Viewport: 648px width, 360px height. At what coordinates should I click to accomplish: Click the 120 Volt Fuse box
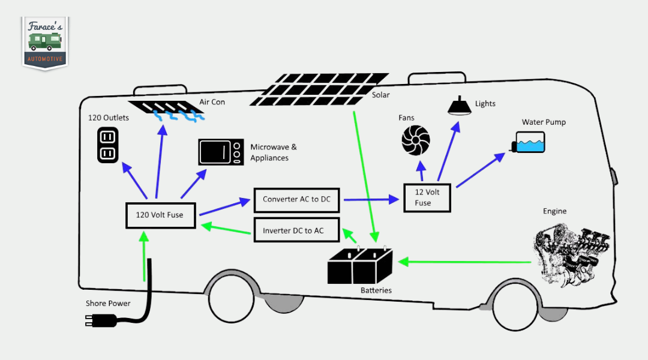pyautogui.click(x=161, y=215)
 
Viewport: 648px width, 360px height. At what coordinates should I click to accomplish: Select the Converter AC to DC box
pyautogui.click(x=296, y=200)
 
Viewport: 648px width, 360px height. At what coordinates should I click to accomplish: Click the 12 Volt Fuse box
pyautogui.click(x=427, y=197)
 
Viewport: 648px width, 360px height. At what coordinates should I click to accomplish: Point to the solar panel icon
pyautogui.click(x=319, y=90)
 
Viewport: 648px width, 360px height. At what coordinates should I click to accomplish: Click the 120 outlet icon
pyautogui.click(x=107, y=146)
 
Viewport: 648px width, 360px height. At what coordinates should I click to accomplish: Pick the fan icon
pyautogui.click(x=416, y=141)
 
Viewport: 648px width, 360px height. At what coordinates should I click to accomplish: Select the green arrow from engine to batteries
pyautogui.click(x=465, y=262)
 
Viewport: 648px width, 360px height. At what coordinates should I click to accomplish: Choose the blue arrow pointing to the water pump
pyautogui.click(x=481, y=170)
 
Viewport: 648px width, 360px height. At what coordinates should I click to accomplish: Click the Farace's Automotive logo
pyautogui.click(x=46, y=42)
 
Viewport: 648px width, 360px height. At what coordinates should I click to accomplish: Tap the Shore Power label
pyautogui.click(x=108, y=304)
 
